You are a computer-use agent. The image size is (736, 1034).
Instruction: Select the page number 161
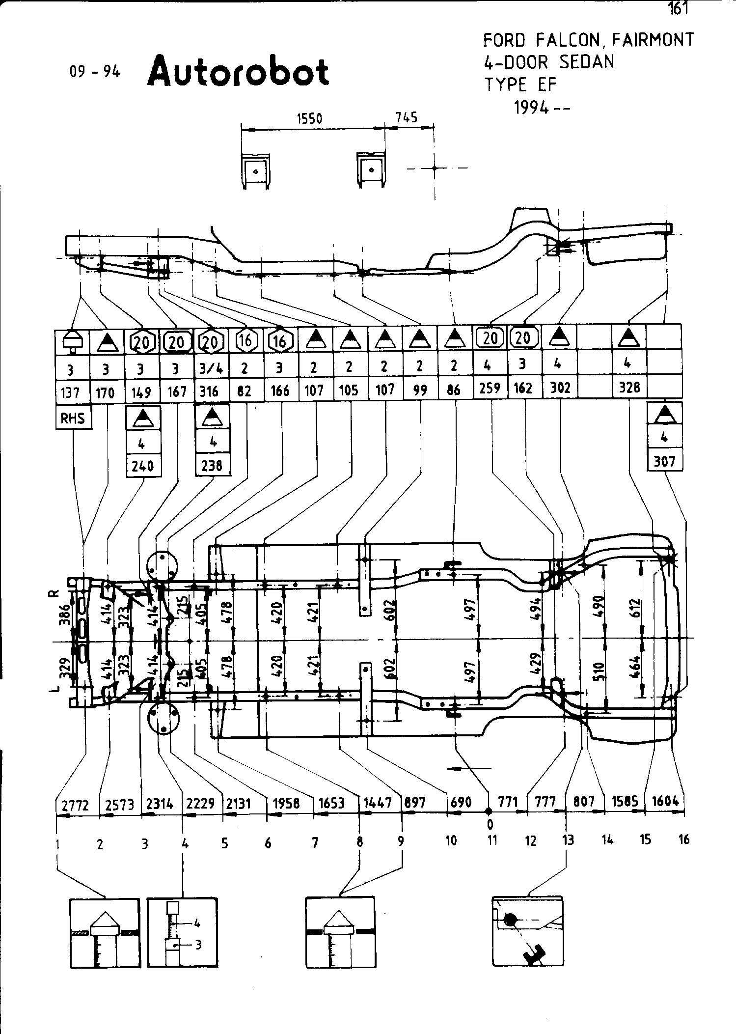[x=678, y=8]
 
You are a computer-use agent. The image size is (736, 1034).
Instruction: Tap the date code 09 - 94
[x=94, y=72]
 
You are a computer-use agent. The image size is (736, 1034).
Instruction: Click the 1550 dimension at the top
[x=309, y=119]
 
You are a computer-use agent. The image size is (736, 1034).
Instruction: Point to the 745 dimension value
[x=407, y=117]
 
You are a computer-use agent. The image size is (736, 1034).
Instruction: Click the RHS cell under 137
[x=73, y=419]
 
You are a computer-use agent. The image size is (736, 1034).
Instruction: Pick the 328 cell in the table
[x=629, y=388]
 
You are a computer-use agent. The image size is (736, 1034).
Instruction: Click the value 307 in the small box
[x=665, y=461]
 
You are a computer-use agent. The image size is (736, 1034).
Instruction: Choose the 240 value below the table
[x=143, y=465]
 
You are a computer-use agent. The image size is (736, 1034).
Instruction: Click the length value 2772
[x=76, y=805]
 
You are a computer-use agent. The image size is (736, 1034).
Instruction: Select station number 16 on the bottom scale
[x=684, y=839]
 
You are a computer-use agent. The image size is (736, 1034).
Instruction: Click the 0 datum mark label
[x=490, y=824]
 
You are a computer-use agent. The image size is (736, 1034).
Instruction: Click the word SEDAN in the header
[x=586, y=62]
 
